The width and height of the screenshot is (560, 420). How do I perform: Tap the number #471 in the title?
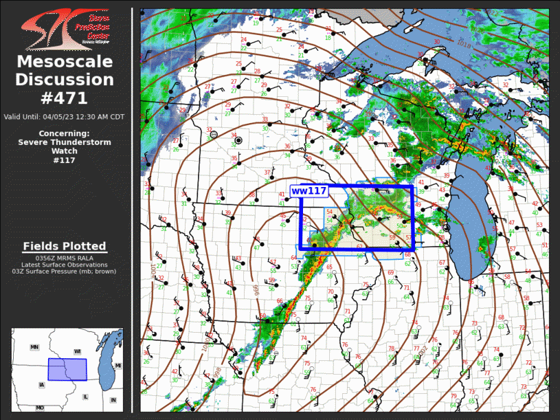coord(65,98)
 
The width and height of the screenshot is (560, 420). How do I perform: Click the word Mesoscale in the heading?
coord(65,62)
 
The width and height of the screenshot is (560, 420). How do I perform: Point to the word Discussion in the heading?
coord(65,80)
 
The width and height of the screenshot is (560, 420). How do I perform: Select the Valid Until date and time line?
coord(65,117)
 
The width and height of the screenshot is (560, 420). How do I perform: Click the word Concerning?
coord(64,133)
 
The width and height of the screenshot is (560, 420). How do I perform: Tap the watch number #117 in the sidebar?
coord(64,160)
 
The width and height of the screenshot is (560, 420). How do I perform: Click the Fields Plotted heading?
coord(65,246)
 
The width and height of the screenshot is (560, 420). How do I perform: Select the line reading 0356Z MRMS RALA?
coord(65,258)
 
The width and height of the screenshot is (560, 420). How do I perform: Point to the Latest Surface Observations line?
coord(65,265)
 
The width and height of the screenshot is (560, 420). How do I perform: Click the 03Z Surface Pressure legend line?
coord(65,272)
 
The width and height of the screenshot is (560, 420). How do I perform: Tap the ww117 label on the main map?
coord(308,190)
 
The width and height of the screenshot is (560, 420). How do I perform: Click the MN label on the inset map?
coord(34,347)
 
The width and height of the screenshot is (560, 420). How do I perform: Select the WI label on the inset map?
coord(78,352)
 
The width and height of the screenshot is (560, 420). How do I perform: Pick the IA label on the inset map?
coord(42,384)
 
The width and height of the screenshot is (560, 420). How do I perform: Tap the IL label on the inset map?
coord(85,397)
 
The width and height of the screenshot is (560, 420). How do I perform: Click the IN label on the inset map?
coord(113,400)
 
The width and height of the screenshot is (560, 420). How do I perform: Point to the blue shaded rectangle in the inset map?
coord(67,370)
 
